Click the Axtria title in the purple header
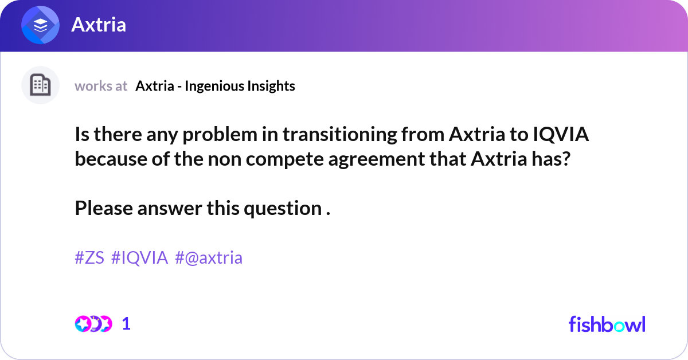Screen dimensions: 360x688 pyautogui.click(x=99, y=25)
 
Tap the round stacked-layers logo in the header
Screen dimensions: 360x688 pyautogui.click(x=41, y=25)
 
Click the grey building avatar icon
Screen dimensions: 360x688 pyautogui.click(x=40, y=85)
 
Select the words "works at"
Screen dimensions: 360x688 pyautogui.click(x=101, y=86)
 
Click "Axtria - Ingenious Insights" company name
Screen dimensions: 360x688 pyautogui.click(x=215, y=86)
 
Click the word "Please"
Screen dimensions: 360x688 pyautogui.click(x=104, y=208)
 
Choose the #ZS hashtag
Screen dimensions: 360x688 pyautogui.click(x=89, y=258)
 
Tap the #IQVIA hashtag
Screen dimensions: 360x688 pyautogui.click(x=139, y=258)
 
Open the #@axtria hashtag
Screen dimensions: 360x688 pyautogui.click(x=209, y=258)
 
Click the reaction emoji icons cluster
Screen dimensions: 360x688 pyautogui.click(x=93, y=324)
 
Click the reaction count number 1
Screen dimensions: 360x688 pyautogui.click(x=126, y=324)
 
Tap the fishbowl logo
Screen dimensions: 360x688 pyautogui.click(x=607, y=324)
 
